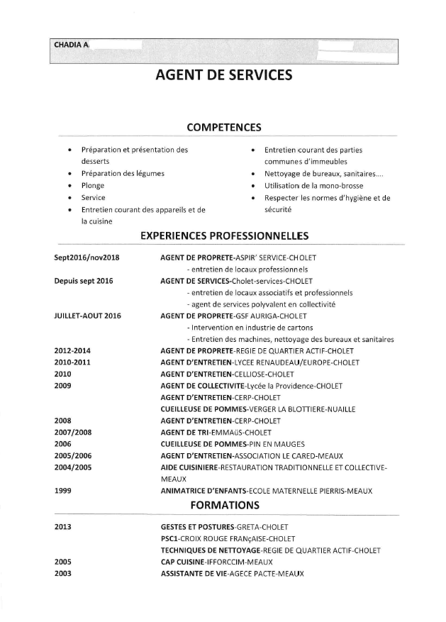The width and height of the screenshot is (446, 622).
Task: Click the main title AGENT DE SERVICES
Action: click(x=223, y=74)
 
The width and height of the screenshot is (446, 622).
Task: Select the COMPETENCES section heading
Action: click(x=223, y=128)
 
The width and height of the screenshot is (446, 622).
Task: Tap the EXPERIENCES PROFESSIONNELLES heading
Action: click(x=224, y=234)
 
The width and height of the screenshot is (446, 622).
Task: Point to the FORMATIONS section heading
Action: click(x=223, y=506)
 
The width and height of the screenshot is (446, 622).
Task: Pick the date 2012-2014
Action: click(x=72, y=351)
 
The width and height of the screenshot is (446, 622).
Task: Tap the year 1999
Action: click(x=64, y=491)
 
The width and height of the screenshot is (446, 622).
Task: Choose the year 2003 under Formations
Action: click(x=64, y=573)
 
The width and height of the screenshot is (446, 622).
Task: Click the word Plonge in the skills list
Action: click(x=93, y=185)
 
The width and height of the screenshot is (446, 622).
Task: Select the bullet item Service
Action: click(x=94, y=197)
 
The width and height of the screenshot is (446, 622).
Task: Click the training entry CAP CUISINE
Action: click(x=182, y=562)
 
